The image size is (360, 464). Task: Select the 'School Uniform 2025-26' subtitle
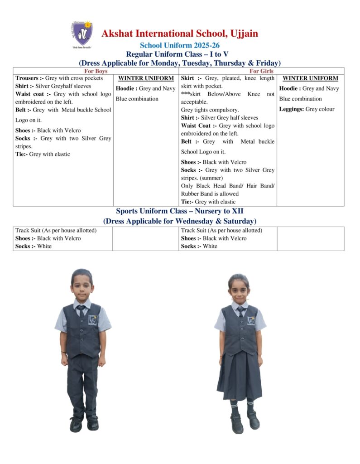[x=179, y=45]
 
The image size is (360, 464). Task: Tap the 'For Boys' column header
[x=96, y=71]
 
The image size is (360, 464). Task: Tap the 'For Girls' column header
[x=261, y=71]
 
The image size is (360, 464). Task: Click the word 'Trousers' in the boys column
[x=27, y=78]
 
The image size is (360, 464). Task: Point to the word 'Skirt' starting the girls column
[x=188, y=78]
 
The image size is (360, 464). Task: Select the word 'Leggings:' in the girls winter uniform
[x=291, y=109]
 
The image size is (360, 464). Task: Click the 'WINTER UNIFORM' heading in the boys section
[x=146, y=78]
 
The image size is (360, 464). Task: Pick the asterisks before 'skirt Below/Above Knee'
[x=185, y=94]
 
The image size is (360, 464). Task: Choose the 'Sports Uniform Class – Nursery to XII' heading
[x=179, y=211]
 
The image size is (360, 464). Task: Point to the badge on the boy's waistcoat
[x=93, y=320]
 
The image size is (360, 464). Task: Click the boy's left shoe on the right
[x=93, y=423]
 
